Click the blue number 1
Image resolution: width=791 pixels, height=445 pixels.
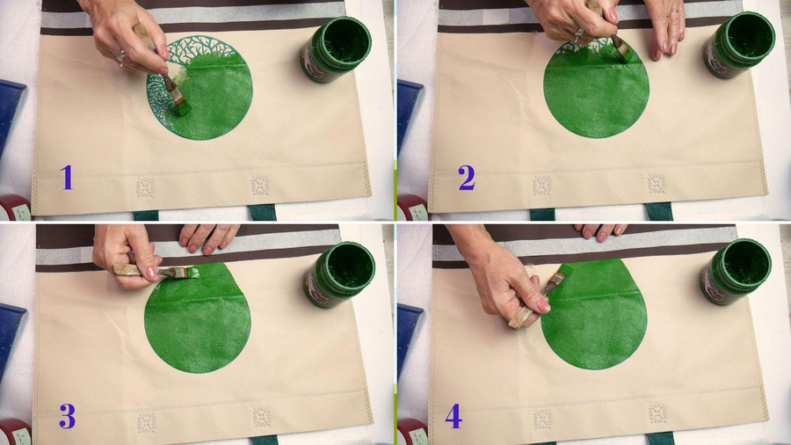[x=67, y=178]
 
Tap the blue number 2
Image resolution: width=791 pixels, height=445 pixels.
[x=467, y=178]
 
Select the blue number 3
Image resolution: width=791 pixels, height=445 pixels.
[x=67, y=416]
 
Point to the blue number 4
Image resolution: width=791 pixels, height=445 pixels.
[x=454, y=416]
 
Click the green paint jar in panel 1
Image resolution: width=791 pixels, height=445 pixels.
[x=337, y=49]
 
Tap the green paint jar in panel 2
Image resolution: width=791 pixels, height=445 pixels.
[x=738, y=44]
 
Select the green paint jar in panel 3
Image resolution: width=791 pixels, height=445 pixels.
[x=338, y=274]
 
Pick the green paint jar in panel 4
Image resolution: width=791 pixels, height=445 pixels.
[x=735, y=272]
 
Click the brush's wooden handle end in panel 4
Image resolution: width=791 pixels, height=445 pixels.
[x=520, y=318]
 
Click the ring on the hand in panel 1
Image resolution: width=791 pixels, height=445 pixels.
[x=121, y=57]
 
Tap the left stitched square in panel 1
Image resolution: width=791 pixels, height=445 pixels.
[x=145, y=187]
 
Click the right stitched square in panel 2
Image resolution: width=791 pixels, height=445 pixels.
[x=657, y=184]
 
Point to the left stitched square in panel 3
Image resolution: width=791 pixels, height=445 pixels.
[x=146, y=423]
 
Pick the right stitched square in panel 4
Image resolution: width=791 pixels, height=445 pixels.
[x=657, y=413]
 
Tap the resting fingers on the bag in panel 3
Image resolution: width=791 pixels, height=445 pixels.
[x=208, y=238]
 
